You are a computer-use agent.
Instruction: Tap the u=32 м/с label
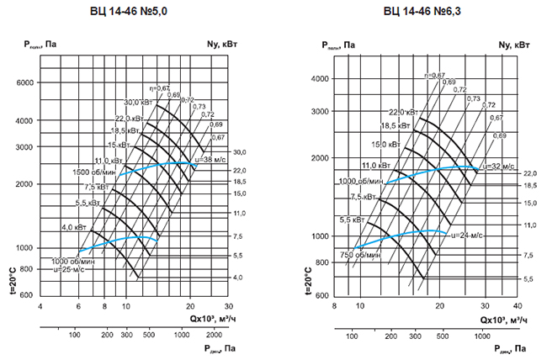point(492,167)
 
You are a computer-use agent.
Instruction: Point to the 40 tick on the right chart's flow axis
point(516,306)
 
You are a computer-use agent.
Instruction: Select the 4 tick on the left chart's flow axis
point(40,307)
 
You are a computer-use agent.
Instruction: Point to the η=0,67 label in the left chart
point(160,87)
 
